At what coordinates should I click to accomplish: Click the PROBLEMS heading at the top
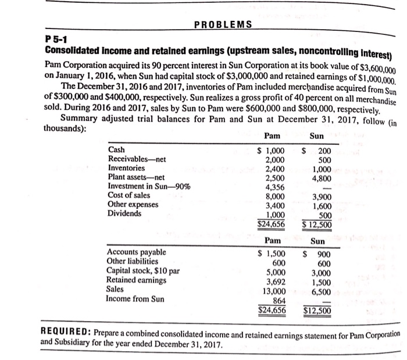point(223,24)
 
